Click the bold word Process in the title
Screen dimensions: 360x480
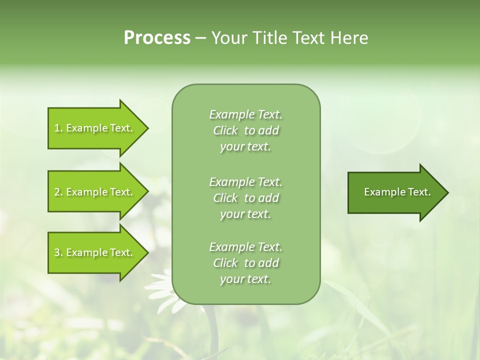[157, 38]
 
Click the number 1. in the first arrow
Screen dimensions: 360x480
[58, 128]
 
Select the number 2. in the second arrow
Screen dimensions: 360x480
[58, 192]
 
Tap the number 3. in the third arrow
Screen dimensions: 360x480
[58, 252]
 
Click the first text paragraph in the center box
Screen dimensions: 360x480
[246, 130]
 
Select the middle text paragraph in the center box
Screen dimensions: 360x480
[246, 198]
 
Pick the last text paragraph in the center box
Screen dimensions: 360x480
[246, 263]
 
